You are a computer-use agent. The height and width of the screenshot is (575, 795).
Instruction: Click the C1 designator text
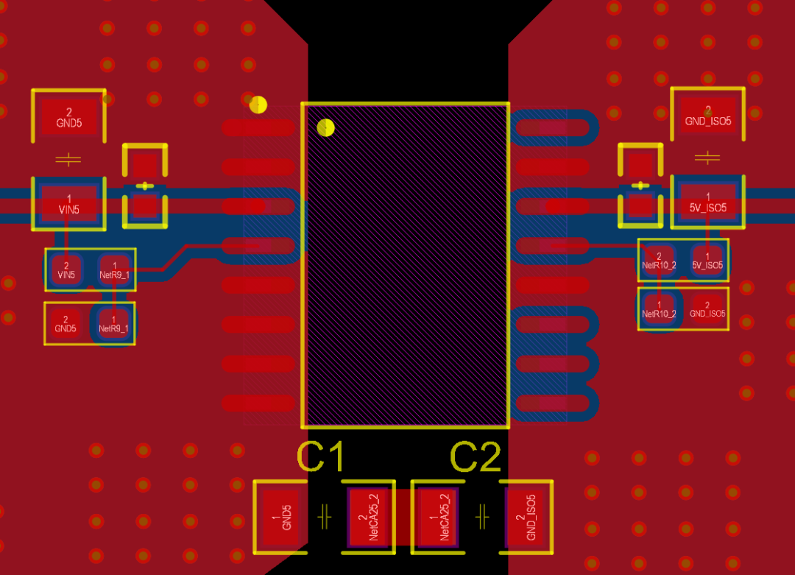320,456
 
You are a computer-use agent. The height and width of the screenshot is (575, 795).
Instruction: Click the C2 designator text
476,456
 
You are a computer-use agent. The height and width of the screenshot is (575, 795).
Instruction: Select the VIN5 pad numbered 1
69,204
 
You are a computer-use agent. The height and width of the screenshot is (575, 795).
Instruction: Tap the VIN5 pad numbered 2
66,269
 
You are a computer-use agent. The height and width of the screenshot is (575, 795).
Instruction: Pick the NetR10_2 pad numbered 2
659,261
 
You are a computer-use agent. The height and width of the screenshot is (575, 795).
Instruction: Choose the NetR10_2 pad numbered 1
659,309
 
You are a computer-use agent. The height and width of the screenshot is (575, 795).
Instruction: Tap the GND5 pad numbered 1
282,517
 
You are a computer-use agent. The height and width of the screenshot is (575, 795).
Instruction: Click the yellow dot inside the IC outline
325,128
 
